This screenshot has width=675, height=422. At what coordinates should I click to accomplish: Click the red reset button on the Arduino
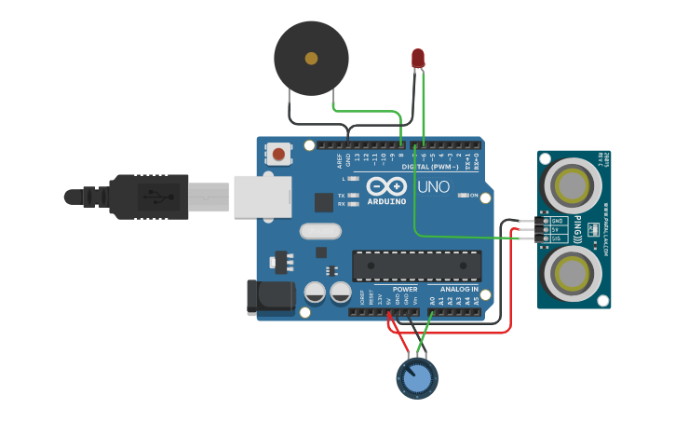[x=278, y=153]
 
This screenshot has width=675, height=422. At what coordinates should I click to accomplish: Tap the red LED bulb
[x=418, y=59]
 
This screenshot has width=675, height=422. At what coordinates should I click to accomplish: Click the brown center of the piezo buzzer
[x=311, y=59]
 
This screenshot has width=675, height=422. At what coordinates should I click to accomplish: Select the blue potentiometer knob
[x=417, y=378]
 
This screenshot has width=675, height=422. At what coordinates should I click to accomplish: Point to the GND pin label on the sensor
[x=558, y=221]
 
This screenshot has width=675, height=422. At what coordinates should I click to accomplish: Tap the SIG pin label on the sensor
[x=558, y=238]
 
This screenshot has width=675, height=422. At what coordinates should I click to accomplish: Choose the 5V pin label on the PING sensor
[x=558, y=229]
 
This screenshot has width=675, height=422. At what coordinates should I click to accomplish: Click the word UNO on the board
[x=433, y=187]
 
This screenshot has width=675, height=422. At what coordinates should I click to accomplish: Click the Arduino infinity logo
[x=386, y=184]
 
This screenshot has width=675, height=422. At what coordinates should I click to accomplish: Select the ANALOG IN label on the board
[x=459, y=289]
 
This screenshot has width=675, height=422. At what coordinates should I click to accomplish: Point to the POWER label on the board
[x=405, y=289]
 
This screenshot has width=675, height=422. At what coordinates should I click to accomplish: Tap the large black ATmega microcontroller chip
[x=416, y=265]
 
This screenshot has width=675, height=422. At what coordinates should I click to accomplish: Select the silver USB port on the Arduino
[x=262, y=197]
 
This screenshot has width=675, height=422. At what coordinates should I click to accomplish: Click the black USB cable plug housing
[x=149, y=197]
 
